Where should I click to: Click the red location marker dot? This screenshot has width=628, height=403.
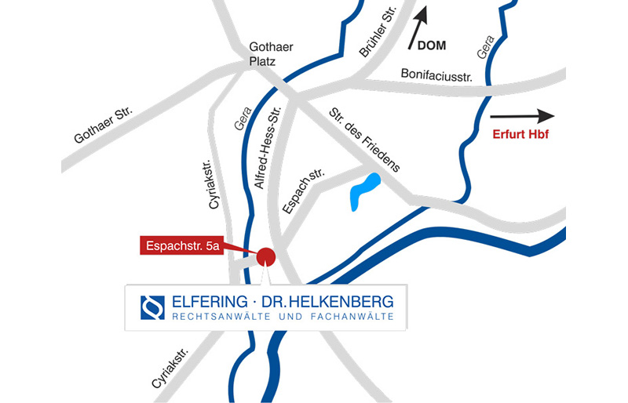pyautogui.click(x=265, y=256)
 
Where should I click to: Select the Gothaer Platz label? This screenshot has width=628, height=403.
pyautogui.click(x=270, y=54)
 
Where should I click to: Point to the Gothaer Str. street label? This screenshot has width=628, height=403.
pyautogui.click(x=104, y=125)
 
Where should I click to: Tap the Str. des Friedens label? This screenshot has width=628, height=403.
pyautogui.click(x=364, y=139)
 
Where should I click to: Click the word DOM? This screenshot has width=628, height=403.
pyautogui.click(x=431, y=46)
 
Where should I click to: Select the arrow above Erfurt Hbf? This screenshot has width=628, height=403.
pyautogui.click(x=521, y=117)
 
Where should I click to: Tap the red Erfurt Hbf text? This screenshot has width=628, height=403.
pyautogui.click(x=520, y=135)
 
